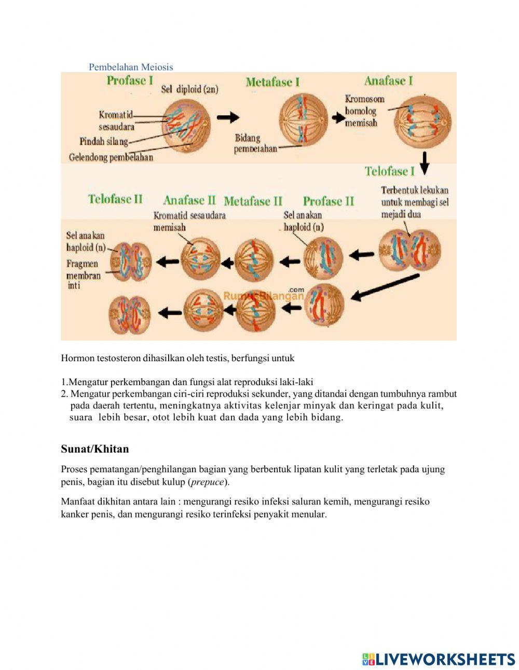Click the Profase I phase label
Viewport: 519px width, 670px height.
click(130, 80)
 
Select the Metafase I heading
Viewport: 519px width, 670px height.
click(272, 82)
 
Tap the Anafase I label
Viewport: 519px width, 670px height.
click(388, 80)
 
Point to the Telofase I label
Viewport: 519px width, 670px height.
click(389, 171)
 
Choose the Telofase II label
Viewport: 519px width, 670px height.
click(115, 199)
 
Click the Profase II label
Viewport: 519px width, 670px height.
click(329, 201)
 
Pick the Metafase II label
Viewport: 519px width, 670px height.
click(253, 201)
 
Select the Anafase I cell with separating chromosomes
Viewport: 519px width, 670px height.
click(422, 121)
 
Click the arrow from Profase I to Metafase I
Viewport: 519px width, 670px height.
click(228, 118)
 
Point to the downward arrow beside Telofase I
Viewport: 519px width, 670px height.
click(425, 163)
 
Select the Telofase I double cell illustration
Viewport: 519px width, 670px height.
click(409, 251)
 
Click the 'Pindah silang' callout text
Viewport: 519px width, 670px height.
click(103, 141)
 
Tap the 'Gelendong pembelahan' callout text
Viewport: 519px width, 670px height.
click(111, 157)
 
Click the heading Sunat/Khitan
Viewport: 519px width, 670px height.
click(94, 449)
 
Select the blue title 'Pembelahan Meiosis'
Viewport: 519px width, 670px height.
click(131, 67)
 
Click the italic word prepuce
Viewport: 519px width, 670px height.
click(208, 482)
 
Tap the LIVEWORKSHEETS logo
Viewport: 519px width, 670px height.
click(439, 659)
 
